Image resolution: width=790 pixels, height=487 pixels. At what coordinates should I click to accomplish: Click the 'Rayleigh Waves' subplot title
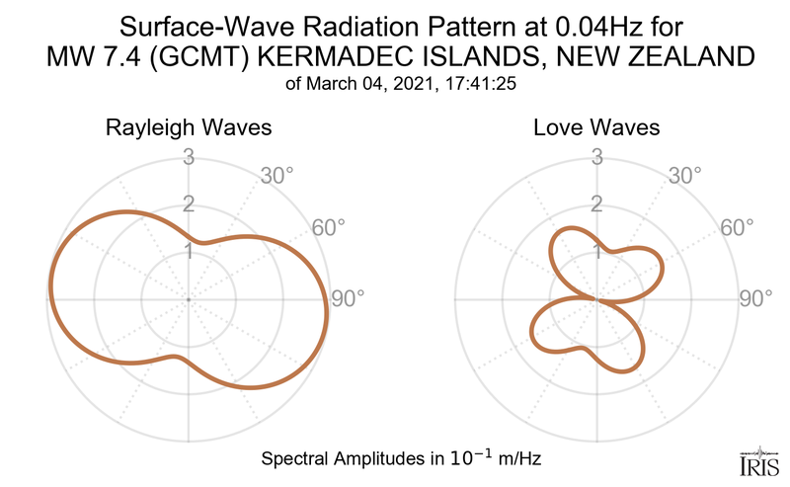click(191, 128)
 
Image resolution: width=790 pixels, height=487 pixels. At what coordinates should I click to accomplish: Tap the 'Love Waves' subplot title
click(596, 128)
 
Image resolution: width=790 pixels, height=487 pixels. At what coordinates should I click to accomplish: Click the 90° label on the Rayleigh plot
click(348, 298)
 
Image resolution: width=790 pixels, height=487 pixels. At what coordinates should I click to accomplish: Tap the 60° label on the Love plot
click(737, 227)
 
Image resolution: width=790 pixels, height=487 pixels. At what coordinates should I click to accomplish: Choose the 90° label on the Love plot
click(755, 298)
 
